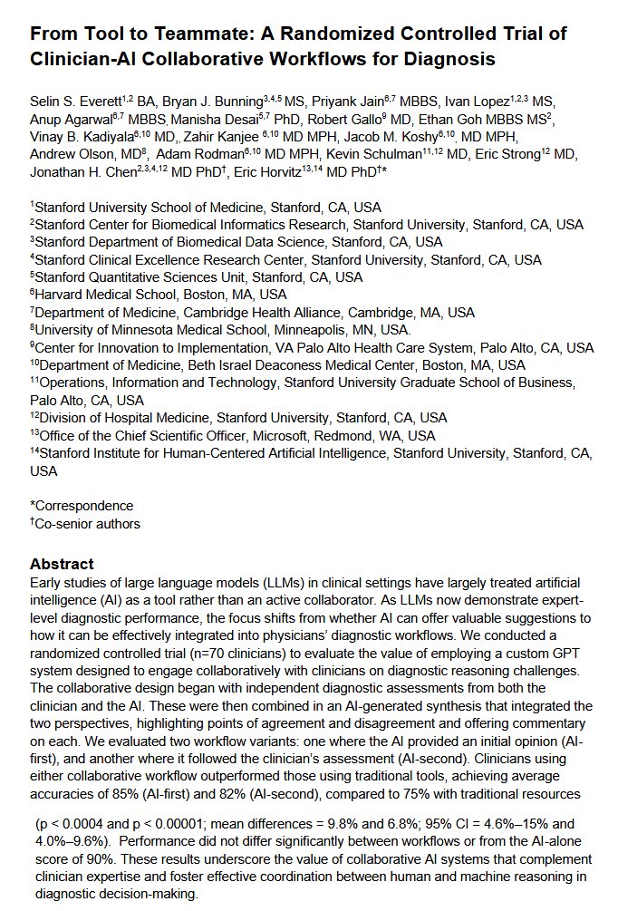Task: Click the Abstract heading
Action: click(62, 563)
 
